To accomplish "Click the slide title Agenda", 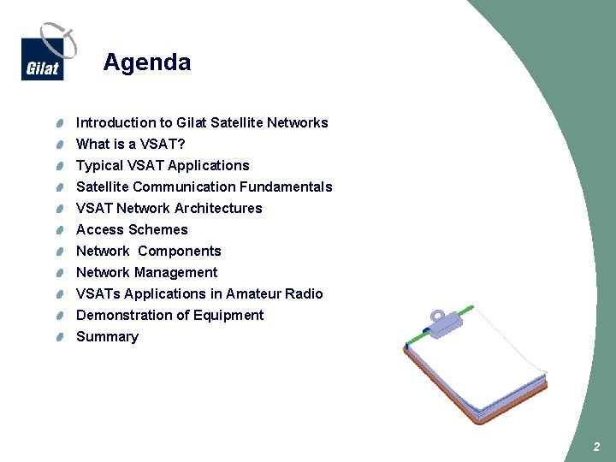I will click(146, 62).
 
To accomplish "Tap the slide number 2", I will click(596, 447).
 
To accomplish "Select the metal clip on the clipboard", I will click(444, 322).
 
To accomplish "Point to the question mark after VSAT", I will click(181, 144).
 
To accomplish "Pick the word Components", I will click(179, 251).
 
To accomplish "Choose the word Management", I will click(176, 272).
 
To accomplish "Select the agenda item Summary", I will click(107, 336).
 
